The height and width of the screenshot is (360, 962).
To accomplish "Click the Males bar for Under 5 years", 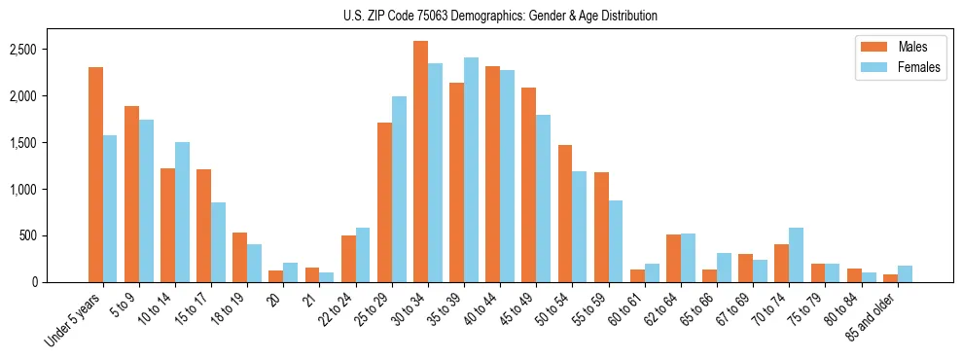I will (x=95, y=175).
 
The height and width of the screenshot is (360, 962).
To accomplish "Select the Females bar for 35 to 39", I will (x=471, y=170).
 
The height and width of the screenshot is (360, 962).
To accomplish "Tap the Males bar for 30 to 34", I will (x=420, y=162).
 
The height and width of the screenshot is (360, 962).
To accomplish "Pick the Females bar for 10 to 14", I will (x=182, y=212).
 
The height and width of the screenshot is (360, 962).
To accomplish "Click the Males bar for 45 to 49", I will (x=528, y=185).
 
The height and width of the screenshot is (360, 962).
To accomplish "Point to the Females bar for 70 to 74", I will (x=796, y=255).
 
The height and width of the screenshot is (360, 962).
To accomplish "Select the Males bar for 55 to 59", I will (x=601, y=227).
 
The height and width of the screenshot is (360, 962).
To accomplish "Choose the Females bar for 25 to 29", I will (x=399, y=189).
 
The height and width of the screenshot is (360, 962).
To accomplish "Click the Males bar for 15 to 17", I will (x=203, y=226).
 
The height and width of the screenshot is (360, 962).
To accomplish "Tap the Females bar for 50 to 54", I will (x=580, y=227).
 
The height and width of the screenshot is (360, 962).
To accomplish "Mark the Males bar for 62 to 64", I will (x=673, y=258).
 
